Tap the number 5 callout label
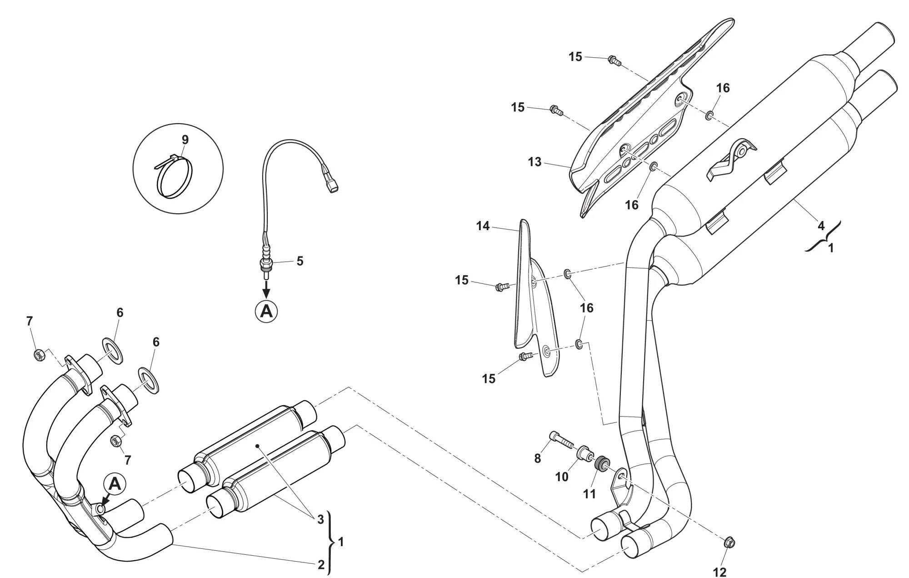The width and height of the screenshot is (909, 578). point(300,261)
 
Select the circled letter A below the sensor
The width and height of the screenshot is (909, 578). point(266,311)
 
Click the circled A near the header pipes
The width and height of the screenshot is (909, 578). point(115,484)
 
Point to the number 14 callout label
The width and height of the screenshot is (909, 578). point(483,226)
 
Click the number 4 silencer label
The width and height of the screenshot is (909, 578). point(821,226)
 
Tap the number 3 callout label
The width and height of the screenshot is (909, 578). point(320,519)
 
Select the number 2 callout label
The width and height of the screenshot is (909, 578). point(321,565)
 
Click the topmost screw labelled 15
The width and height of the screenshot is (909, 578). point(614,60)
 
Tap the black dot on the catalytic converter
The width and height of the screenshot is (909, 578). point(257,446)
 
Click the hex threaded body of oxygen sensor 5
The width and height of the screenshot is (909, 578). point(265,263)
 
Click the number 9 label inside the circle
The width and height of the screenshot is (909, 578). point(185,139)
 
